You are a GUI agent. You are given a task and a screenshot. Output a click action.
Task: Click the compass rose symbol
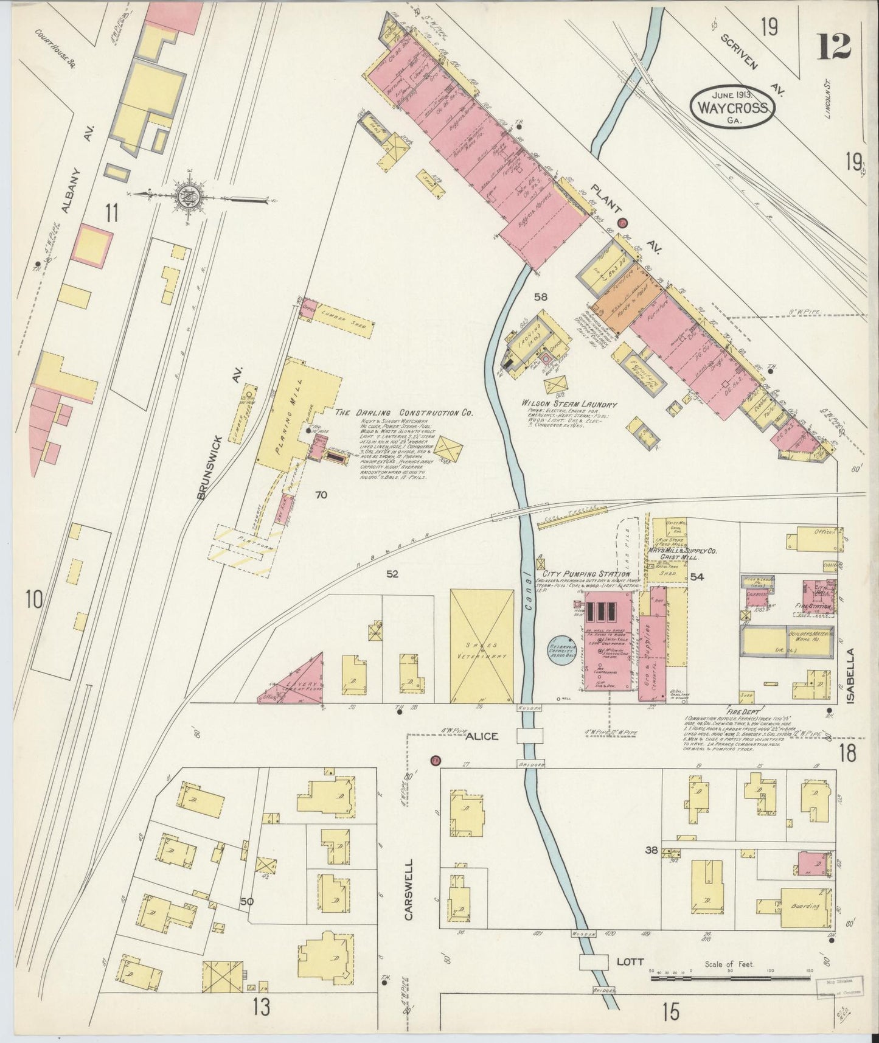pos(185,196)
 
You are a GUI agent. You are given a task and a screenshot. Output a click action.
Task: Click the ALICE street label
pos(482,736)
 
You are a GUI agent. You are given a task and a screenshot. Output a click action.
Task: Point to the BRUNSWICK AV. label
pos(220,433)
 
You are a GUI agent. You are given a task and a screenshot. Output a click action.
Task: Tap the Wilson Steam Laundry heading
pos(569,404)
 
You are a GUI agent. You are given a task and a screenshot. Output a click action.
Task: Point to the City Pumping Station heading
pos(583,574)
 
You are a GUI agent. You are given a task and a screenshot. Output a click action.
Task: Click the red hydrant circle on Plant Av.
pos(622,223)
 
